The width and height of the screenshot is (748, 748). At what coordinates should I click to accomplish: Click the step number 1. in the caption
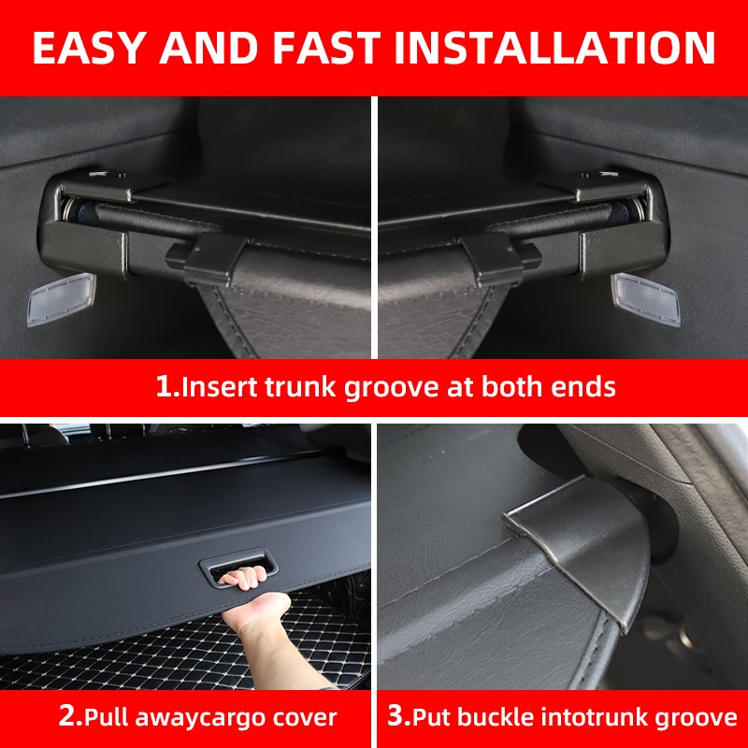click(167, 387)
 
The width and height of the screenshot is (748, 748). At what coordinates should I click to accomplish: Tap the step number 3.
click(399, 717)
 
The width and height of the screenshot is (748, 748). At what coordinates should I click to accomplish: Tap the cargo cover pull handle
click(237, 570)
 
